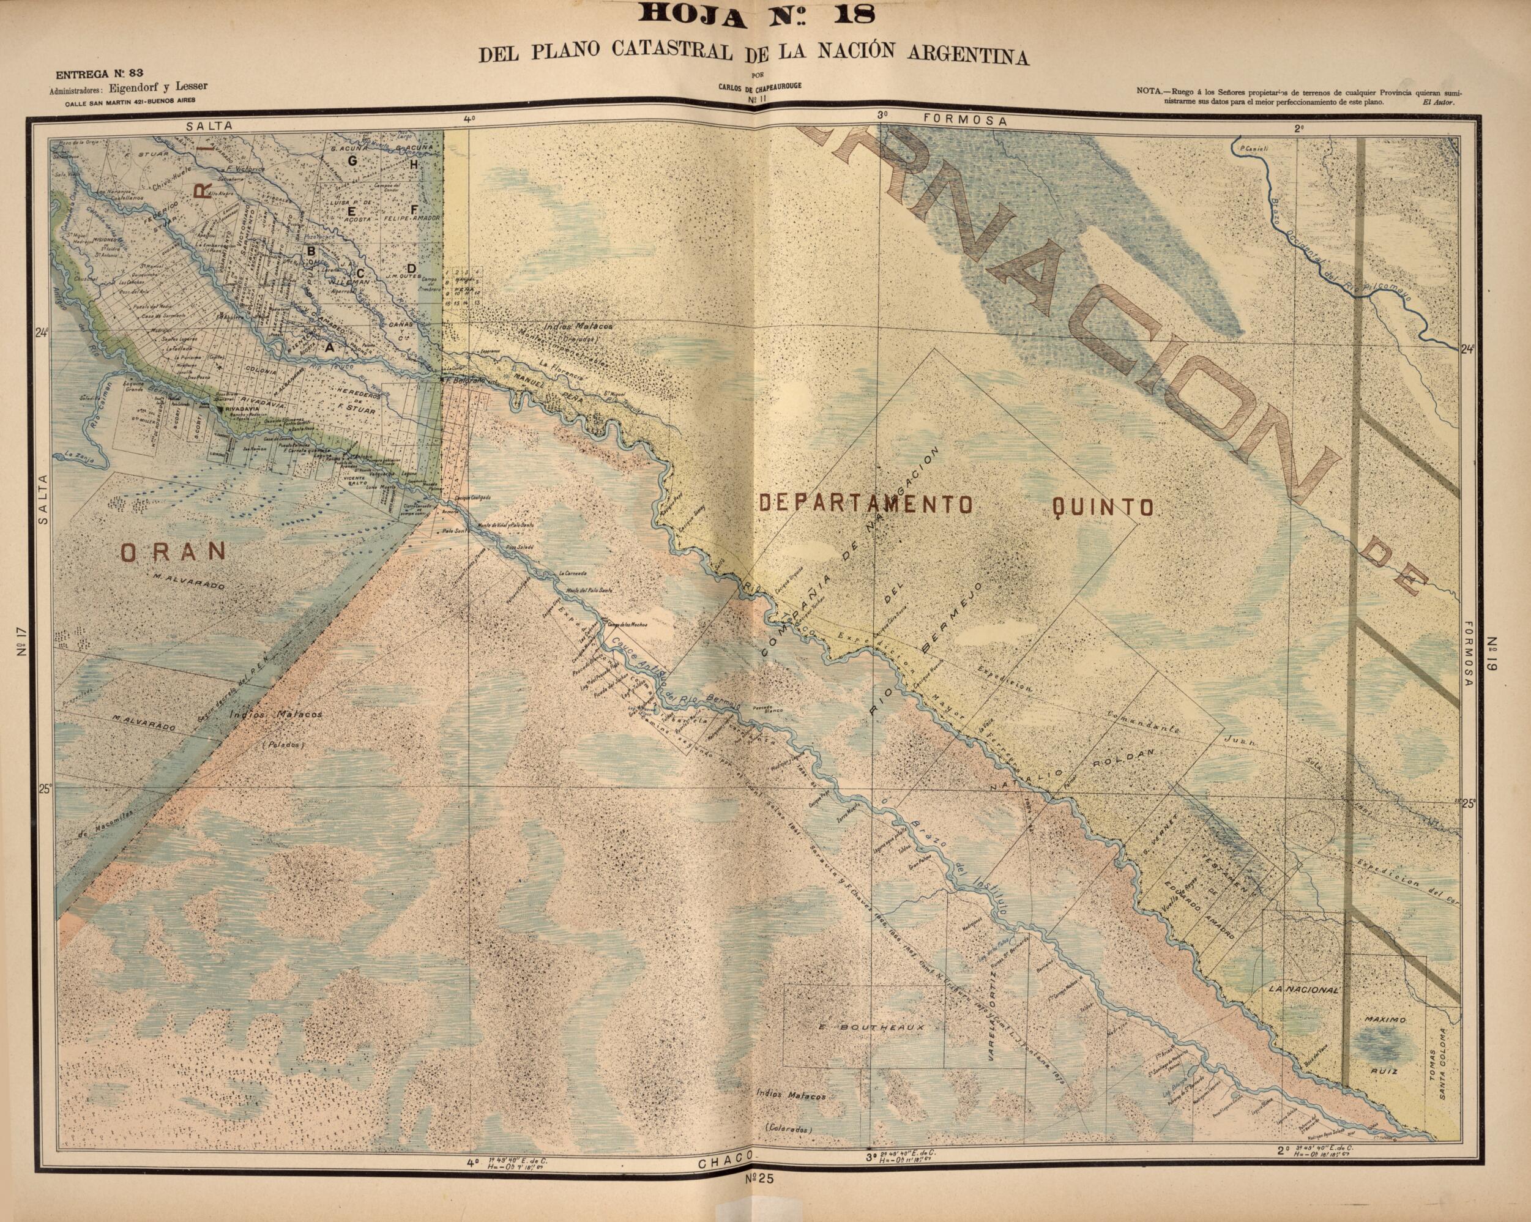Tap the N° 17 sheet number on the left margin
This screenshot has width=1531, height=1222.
pos(22,641)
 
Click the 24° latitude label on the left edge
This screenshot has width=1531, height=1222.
pos(41,332)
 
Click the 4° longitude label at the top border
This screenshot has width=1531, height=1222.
pos(469,119)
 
